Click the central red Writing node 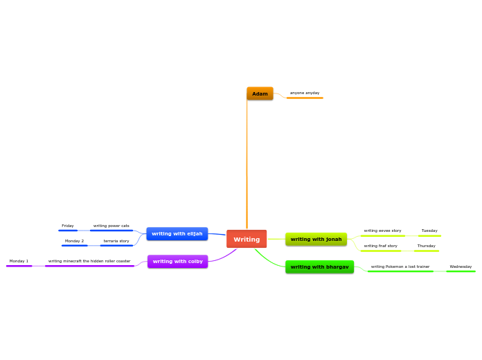(247, 239)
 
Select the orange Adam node (260, 93)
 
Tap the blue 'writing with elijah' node (177, 234)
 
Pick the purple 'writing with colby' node (177, 261)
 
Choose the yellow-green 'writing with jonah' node (316, 240)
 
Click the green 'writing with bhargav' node (319, 267)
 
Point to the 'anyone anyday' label (305, 93)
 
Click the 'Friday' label (68, 226)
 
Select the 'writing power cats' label (111, 226)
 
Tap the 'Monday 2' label (74, 241)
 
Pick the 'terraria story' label (116, 241)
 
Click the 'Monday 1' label (19, 261)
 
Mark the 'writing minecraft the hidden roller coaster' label (89, 261)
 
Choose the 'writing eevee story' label (382, 231)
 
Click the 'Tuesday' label (429, 231)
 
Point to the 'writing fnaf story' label (380, 246)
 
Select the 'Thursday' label (426, 246)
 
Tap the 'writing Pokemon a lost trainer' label (400, 267)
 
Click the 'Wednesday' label (461, 267)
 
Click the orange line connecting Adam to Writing (247, 166)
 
